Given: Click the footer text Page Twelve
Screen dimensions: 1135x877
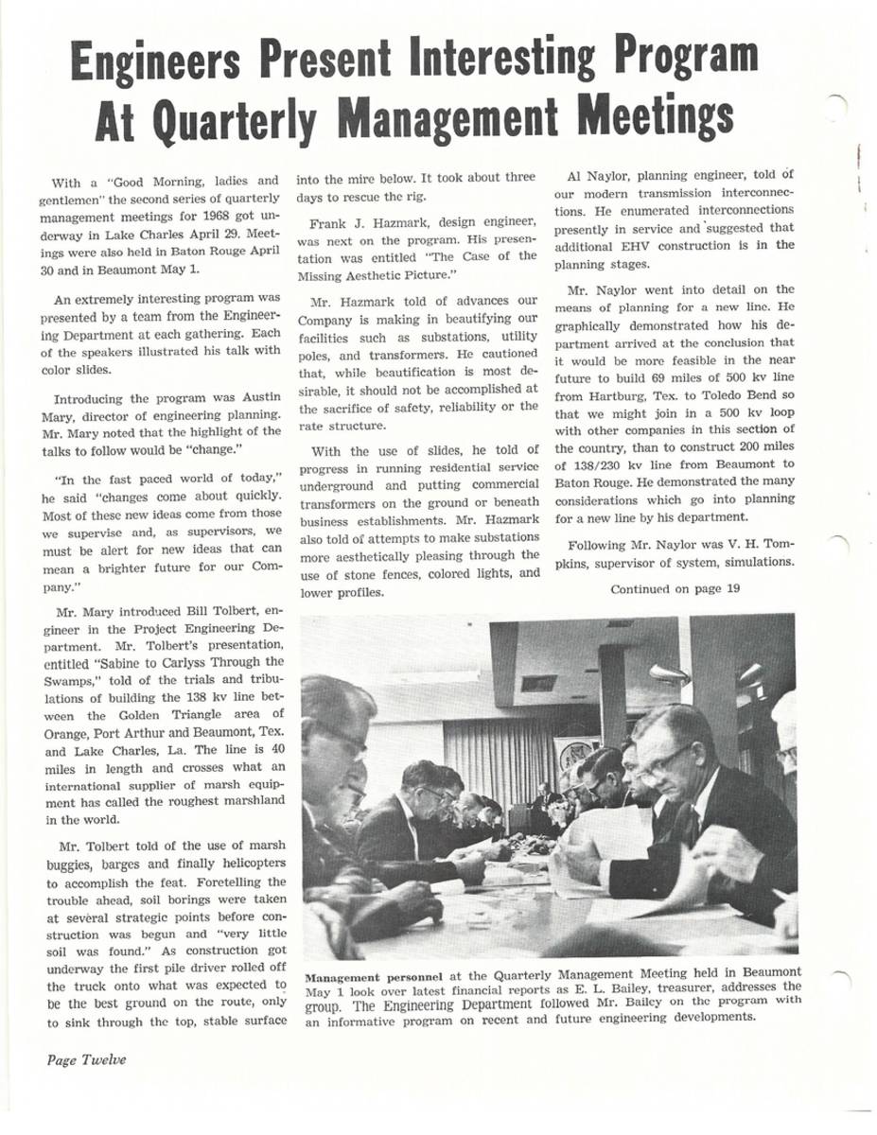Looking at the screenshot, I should [x=86, y=1059].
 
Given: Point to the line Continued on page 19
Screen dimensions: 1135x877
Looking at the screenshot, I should [x=675, y=589].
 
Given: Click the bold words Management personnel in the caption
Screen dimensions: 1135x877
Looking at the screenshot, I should [x=362, y=974].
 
